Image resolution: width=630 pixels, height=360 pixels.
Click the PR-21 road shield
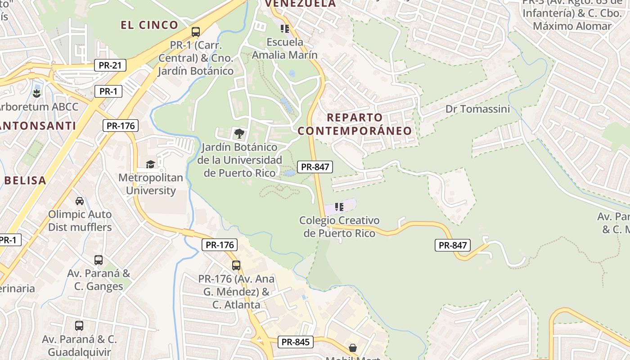pyautogui.click(x=110, y=66)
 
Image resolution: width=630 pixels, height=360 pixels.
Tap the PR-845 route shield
pyautogui.click(x=295, y=342)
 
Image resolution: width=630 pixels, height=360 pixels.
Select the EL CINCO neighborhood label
pyautogui.click(x=149, y=25)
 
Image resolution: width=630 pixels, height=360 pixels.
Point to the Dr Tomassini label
pyautogui.click(x=477, y=109)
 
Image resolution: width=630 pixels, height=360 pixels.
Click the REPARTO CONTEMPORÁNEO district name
pyautogui.click(x=355, y=124)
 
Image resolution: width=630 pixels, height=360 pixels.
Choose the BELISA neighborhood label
pyautogui.click(x=25, y=181)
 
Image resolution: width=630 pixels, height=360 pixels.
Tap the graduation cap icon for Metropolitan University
pyautogui.click(x=150, y=164)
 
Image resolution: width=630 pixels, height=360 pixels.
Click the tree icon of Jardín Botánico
pyautogui.click(x=239, y=133)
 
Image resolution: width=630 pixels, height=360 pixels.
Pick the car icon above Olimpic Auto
pyautogui.click(x=80, y=201)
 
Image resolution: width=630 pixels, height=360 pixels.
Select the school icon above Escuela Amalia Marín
pyautogui.click(x=284, y=29)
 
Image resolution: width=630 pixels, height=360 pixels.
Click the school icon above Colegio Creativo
pyautogui.click(x=339, y=207)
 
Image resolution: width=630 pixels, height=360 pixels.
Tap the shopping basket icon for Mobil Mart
pyautogui.click(x=353, y=348)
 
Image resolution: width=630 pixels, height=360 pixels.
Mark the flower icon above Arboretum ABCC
pyautogui.click(x=36, y=94)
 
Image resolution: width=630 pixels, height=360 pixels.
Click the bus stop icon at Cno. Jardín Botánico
pyautogui.click(x=195, y=32)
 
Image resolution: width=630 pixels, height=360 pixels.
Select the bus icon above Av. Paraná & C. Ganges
pyautogui.click(x=98, y=260)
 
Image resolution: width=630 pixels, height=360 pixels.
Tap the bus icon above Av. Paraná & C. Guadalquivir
pyautogui.click(x=79, y=325)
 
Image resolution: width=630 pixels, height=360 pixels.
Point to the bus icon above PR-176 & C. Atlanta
pyautogui.click(x=236, y=265)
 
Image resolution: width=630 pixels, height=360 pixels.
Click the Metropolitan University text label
pyautogui.click(x=151, y=184)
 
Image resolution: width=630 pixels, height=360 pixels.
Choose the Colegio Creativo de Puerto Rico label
pyautogui.click(x=339, y=227)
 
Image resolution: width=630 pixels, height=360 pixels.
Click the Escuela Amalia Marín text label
pyautogui.click(x=285, y=49)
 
